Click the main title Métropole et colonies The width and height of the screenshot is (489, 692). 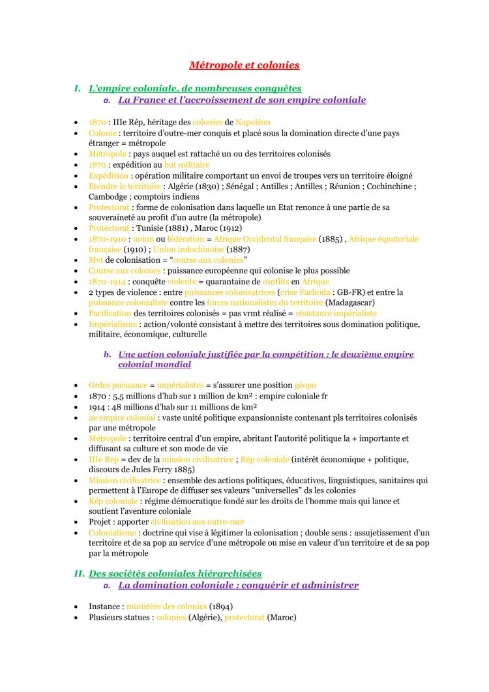pos(244,65)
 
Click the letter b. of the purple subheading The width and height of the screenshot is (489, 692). pos(108,355)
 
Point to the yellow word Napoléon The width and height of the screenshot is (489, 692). pos(252,122)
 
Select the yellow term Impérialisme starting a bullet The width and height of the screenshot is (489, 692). pos(113,324)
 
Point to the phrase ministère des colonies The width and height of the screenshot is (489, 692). pos(166,607)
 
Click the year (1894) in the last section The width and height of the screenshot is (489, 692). pos(222,607)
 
